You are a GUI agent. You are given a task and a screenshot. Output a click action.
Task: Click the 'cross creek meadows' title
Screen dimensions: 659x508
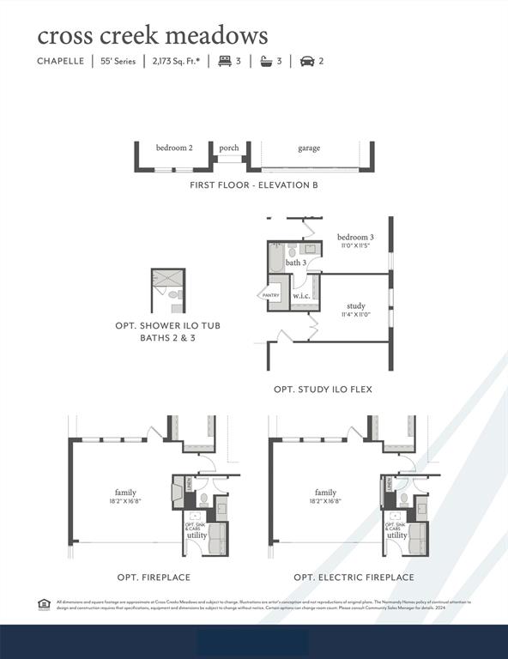pos(152,36)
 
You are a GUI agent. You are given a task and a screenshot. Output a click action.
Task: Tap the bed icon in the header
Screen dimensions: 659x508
pos(226,61)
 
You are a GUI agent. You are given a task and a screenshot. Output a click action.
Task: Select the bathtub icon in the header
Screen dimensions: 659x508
pos(267,61)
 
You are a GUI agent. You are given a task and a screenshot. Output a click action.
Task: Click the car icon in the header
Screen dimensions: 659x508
pos(306,61)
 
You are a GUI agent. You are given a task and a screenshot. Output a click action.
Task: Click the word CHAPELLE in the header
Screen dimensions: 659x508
pos(60,61)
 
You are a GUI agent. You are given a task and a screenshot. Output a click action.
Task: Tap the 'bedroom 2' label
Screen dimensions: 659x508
pos(174,148)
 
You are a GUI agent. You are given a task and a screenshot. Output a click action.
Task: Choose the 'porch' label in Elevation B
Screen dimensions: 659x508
pos(229,148)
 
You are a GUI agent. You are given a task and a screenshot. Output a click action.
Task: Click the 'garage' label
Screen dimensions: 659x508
pos(309,148)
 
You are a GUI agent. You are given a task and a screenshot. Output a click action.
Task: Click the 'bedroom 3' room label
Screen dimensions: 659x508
pos(354,237)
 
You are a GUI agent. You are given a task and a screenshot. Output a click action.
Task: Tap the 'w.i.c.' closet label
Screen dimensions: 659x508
pos(301,296)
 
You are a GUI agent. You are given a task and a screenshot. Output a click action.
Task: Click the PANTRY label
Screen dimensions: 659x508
pos(270,295)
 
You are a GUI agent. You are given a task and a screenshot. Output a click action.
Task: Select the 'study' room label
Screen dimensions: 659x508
pos(355,305)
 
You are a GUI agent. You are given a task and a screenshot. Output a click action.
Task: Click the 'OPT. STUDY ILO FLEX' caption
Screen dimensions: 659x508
pos(323,390)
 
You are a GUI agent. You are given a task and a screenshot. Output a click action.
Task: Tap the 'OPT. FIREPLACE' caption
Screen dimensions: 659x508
pos(154,577)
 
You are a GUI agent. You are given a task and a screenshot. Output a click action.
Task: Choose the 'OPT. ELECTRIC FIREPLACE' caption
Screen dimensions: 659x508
pos(354,577)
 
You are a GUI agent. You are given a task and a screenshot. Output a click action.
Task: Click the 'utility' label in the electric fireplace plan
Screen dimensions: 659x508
pos(396,535)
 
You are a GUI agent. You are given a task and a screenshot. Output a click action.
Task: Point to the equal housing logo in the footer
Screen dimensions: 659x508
pos(44,604)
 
